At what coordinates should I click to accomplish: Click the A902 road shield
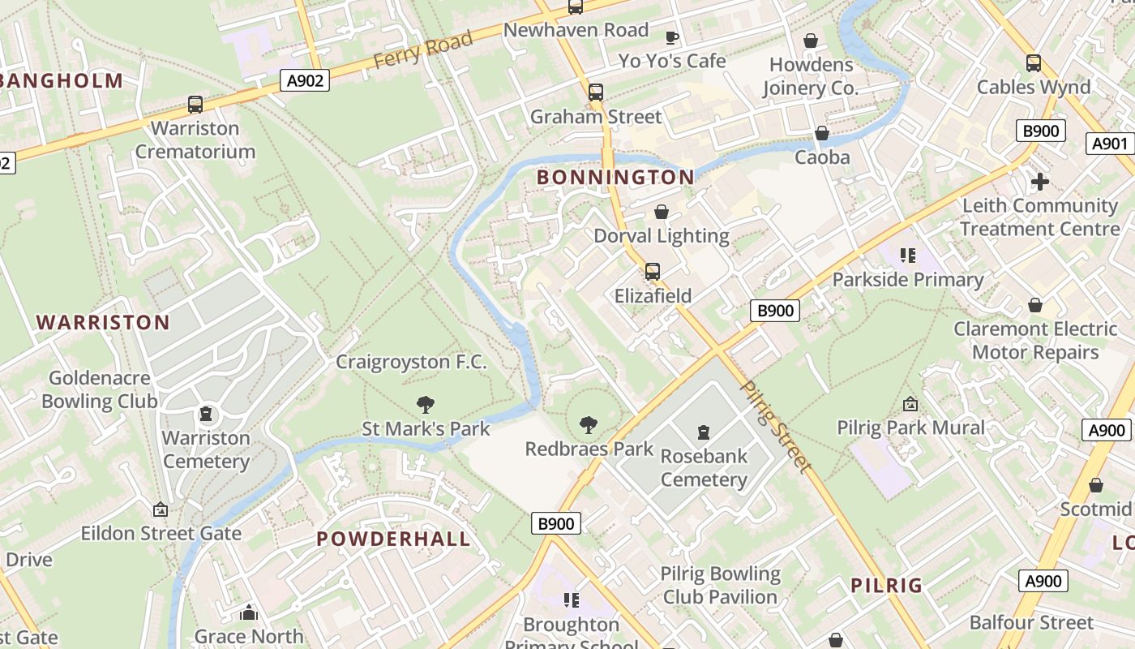click(306, 80)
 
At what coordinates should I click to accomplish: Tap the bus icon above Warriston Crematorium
click(195, 105)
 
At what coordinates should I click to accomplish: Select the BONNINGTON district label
click(615, 177)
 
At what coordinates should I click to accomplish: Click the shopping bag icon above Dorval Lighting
click(662, 212)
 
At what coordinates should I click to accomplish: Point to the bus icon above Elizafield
click(653, 272)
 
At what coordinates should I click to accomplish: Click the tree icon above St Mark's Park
click(425, 404)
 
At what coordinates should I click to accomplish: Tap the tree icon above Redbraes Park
click(589, 424)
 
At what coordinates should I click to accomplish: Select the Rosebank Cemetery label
click(704, 467)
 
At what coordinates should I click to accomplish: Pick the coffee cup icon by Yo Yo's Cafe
click(671, 37)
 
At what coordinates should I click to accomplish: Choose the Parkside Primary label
click(908, 280)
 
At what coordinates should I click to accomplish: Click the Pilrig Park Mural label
click(911, 428)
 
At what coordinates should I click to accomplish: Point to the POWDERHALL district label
click(393, 539)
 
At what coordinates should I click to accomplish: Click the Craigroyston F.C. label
click(412, 362)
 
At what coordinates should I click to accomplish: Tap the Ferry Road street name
click(422, 50)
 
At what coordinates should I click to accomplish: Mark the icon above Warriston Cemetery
click(207, 415)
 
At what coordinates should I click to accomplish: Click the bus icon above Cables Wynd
click(1034, 63)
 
